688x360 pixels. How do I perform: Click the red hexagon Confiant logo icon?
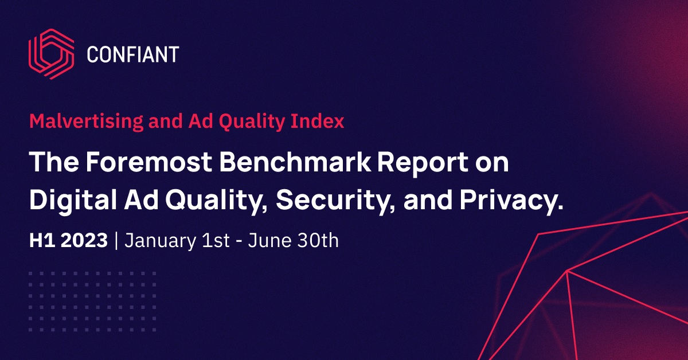tap(51, 54)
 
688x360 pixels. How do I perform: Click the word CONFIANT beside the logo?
tap(133, 55)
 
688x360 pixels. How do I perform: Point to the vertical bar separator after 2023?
tap(116, 241)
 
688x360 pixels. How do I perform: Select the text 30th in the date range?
tap(317, 241)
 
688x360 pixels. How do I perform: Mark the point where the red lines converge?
tap(567, 271)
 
